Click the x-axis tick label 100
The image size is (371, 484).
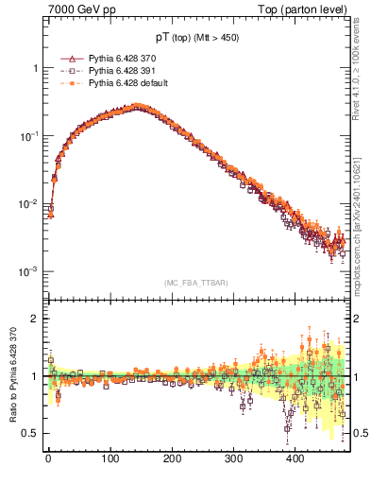[x=110, y=458]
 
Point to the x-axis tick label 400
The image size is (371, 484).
[x=295, y=458]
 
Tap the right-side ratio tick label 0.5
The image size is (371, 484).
[x=357, y=433]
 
